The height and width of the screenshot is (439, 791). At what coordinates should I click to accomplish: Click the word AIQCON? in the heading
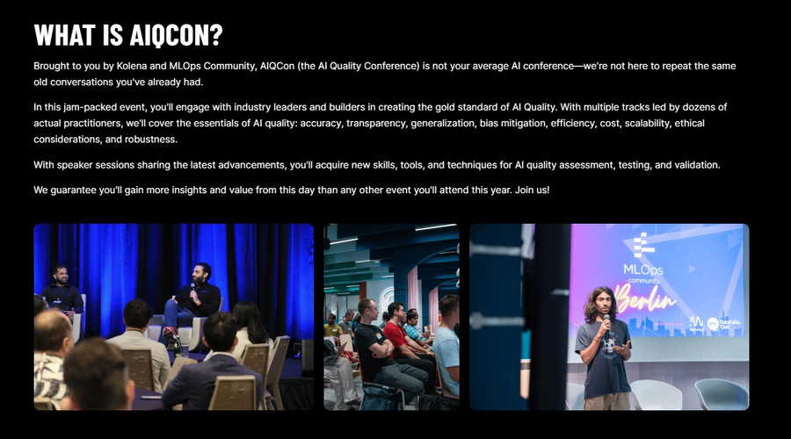pyautogui.click(x=176, y=35)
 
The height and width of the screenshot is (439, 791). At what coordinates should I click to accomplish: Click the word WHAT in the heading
pyautogui.click(x=64, y=35)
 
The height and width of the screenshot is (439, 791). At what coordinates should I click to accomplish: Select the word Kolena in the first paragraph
pyautogui.click(x=131, y=66)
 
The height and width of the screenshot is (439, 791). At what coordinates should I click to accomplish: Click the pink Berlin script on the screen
pyautogui.click(x=646, y=299)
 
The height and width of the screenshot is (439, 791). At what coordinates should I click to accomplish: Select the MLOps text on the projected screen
pyautogui.click(x=643, y=270)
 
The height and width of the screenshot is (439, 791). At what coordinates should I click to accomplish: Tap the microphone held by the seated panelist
pyautogui.click(x=192, y=291)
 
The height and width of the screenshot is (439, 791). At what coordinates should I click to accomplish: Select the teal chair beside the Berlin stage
pyautogui.click(x=722, y=393)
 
